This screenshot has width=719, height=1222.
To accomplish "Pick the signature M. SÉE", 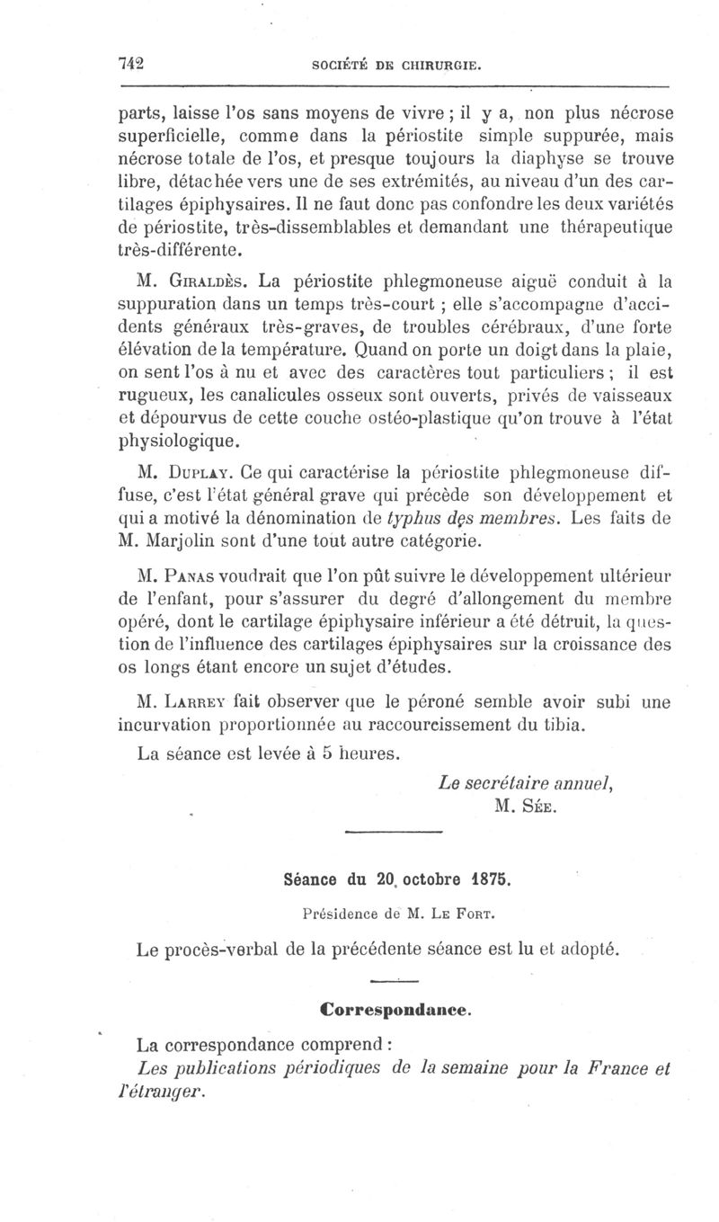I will pos(526,805).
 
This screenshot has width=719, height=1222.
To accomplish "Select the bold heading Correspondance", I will pos(395,1009).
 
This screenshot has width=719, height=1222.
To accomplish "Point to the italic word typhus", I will pos(409,518).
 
